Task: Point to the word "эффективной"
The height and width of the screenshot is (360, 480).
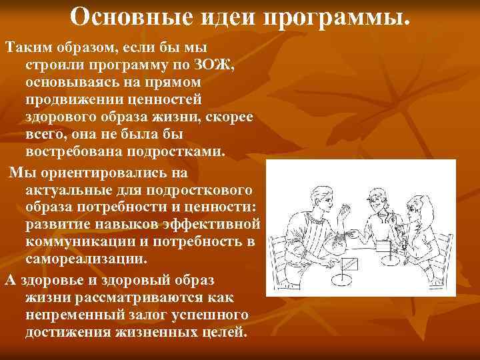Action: pos(215,223)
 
